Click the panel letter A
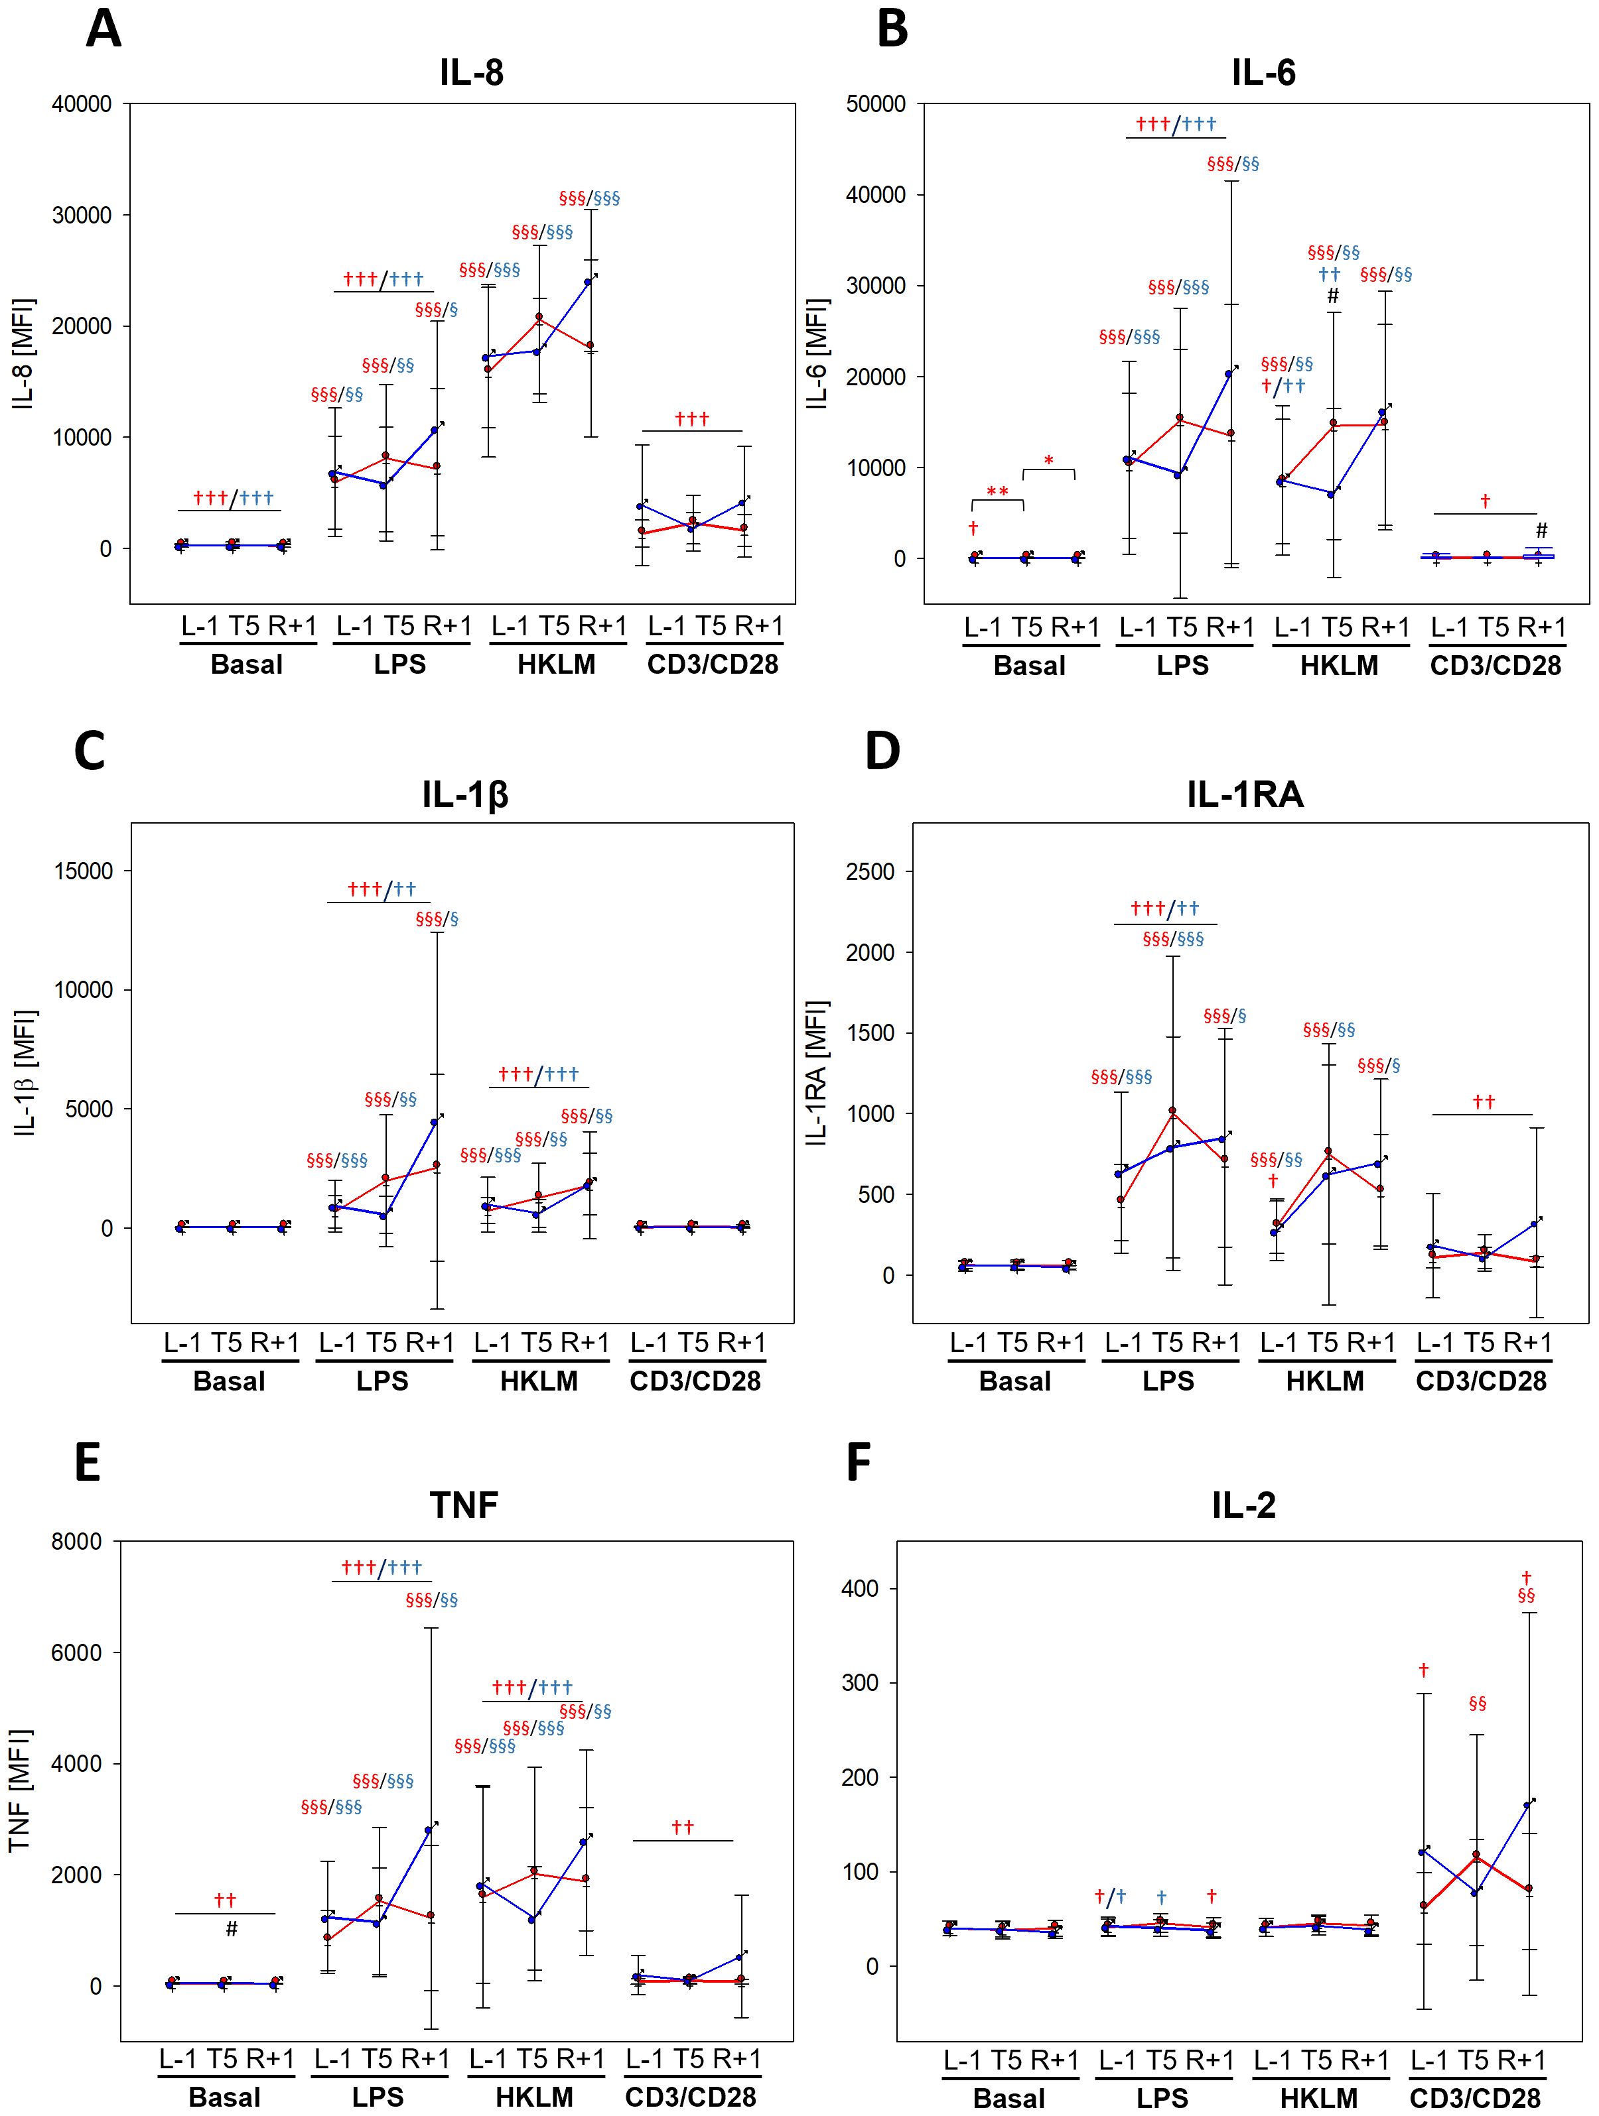[104, 29]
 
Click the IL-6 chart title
[1263, 73]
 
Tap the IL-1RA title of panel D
[1245, 794]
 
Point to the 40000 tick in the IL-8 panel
[82, 104]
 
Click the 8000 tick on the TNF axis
[76, 1542]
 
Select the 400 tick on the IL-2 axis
[859, 1589]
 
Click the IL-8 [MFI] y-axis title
[23, 354]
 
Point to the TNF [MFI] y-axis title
[19, 1791]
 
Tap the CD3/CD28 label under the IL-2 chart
[1475, 2098]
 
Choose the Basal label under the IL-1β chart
[229, 1381]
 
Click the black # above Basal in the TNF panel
[231, 1930]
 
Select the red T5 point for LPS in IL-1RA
[1172, 1111]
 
